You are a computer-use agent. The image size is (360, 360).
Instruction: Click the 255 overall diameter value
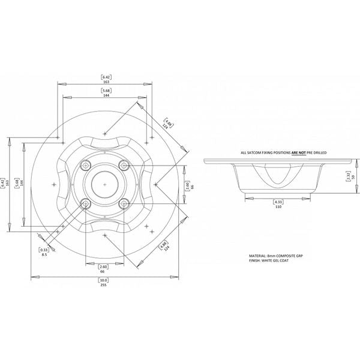pyautogui.click(x=104, y=286)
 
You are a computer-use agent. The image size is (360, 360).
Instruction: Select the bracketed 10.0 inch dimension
pyautogui.click(x=104, y=280)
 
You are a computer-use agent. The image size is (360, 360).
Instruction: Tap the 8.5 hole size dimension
pyautogui.click(x=44, y=254)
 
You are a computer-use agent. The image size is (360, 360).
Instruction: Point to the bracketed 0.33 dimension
pyautogui.click(x=44, y=249)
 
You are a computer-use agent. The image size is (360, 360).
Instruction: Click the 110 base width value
pyautogui.click(x=278, y=208)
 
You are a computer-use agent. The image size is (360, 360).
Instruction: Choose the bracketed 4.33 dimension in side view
pyautogui.click(x=278, y=202)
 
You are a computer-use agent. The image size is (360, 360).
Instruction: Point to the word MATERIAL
pyautogui.click(x=258, y=256)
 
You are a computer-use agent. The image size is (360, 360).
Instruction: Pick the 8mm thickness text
pyautogui.click(x=274, y=256)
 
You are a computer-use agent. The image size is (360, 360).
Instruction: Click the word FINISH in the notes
pyautogui.click(x=254, y=262)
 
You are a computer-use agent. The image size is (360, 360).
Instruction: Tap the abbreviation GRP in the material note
pyautogui.click(x=302, y=256)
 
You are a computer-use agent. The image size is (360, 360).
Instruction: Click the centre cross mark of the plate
pyautogui.click(x=105, y=182)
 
